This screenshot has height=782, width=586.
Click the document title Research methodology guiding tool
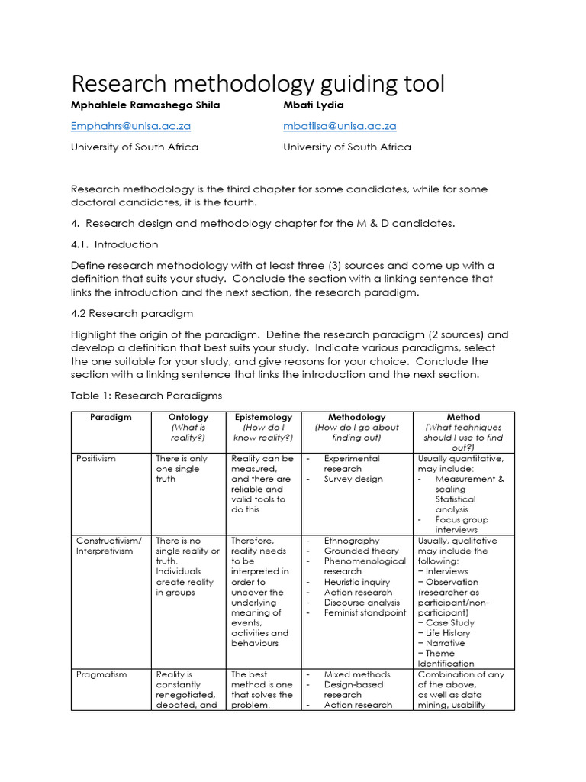pos(257,83)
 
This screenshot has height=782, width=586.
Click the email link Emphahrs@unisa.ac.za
pos(130,126)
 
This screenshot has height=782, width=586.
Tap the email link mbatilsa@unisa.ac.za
pos(340,126)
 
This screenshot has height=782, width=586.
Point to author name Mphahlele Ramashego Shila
pos(145,105)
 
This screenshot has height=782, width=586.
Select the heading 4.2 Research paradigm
pos(132,313)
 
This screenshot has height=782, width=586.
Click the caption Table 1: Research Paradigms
pos(146,396)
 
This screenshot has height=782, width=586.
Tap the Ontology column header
pos(188,418)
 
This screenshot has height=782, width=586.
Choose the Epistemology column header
pos(262,418)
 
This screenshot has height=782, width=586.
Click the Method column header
pos(463,418)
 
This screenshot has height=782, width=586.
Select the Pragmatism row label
pos(101,675)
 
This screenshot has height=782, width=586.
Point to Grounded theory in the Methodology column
pos(361,551)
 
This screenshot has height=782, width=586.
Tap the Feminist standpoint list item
pos(365,612)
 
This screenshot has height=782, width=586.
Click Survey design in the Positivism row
pos(353,480)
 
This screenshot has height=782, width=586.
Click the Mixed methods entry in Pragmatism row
pos(356,675)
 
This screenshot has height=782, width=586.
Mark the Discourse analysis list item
pos(362,603)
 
